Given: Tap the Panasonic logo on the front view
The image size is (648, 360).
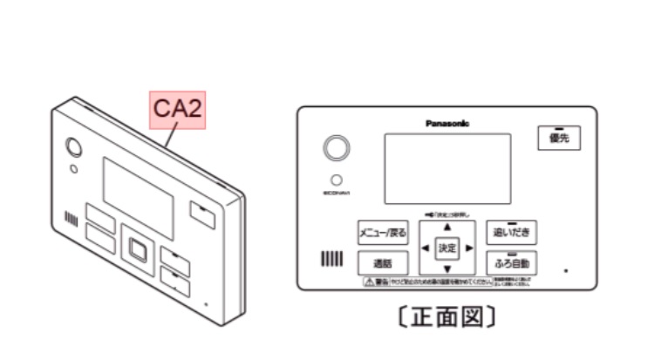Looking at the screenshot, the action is (447, 124).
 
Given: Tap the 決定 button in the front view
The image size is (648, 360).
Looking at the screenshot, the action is (447, 248).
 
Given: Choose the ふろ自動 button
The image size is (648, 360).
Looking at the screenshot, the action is (510, 262).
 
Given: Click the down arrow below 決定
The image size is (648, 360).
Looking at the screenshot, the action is (447, 268).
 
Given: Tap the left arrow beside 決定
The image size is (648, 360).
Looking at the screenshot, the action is (426, 248).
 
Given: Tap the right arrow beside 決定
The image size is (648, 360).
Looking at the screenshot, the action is (469, 248).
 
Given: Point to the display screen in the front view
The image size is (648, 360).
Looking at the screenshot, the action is (448, 168).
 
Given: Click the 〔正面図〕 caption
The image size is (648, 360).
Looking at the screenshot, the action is (449, 316).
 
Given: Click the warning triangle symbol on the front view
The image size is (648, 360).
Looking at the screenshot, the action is (370, 282).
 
